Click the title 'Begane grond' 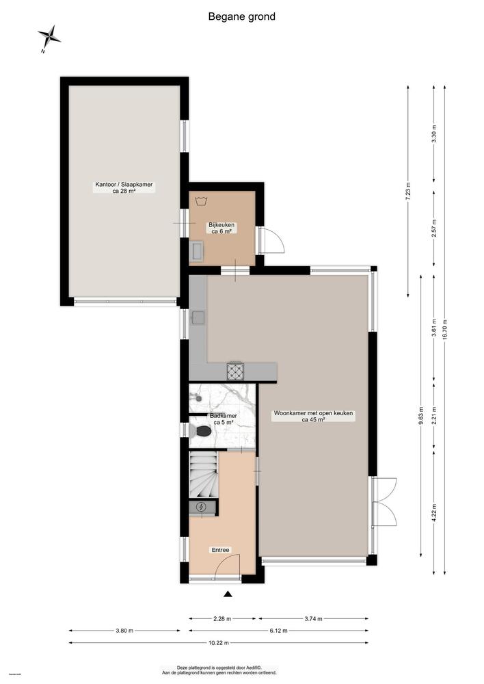pyautogui.click(x=242, y=16)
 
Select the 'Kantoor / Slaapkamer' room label pyautogui.click(x=124, y=188)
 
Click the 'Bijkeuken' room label pyautogui.click(x=221, y=228)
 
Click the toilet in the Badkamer pyautogui.click(x=202, y=431)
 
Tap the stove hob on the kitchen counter pyautogui.click(x=236, y=371)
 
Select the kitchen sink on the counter pyautogui.click(x=199, y=318)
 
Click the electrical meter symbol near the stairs pyautogui.click(x=201, y=507)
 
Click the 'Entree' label pyautogui.click(x=220, y=549)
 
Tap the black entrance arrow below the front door pyautogui.click(x=228, y=594)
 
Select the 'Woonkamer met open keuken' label pyautogui.click(x=308, y=417)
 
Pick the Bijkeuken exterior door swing pyautogui.click(x=271, y=240)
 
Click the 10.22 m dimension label pyautogui.click(x=218, y=643)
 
